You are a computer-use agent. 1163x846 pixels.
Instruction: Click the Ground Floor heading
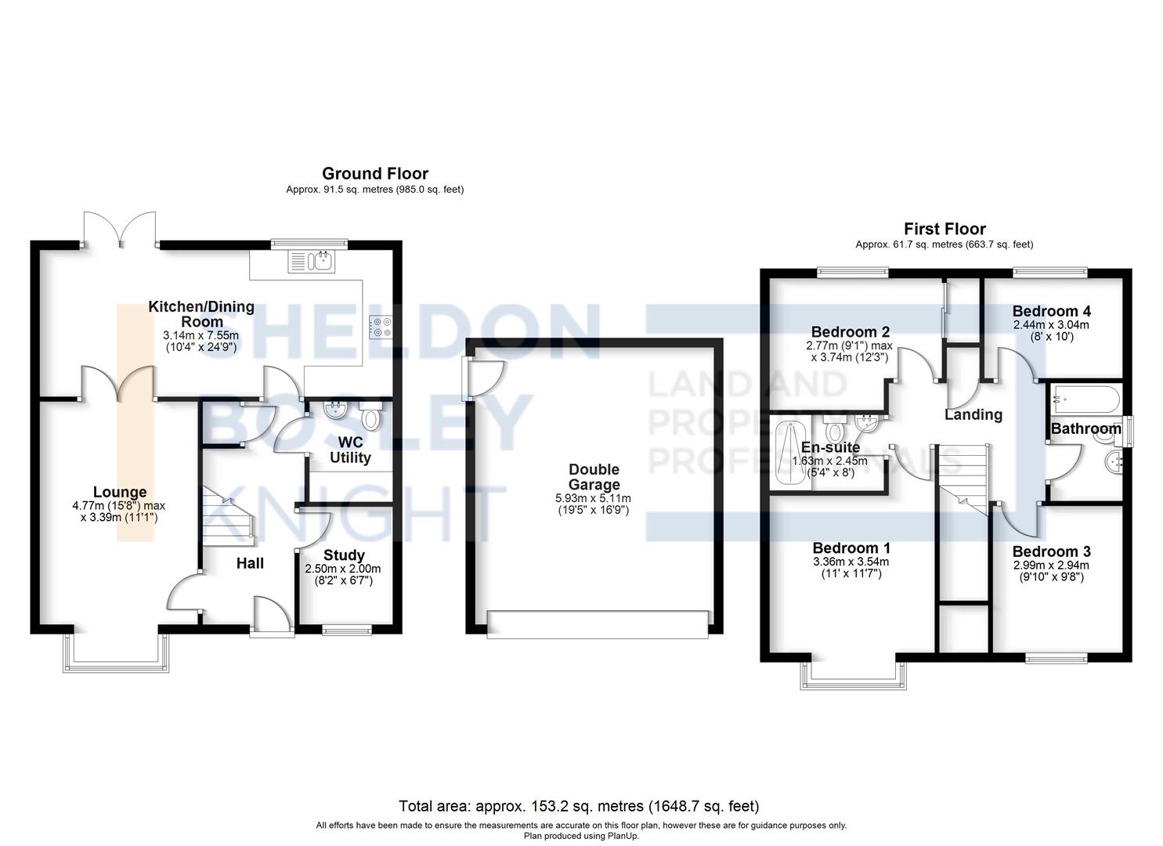pyautogui.click(x=375, y=173)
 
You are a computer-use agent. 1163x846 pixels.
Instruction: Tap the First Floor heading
pyautogui.click(x=944, y=229)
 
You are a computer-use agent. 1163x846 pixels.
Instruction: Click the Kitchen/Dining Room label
pyautogui.click(x=201, y=314)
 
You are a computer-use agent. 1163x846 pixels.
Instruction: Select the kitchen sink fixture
pyautogui.click(x=312, y=261)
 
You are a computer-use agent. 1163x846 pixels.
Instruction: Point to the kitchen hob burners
pyautogui.click(x=381, y=327)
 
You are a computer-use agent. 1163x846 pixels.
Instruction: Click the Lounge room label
pyautogui.click(x=120, y=491)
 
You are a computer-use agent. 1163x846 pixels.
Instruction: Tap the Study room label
pyautogui.click(x=344, y=555)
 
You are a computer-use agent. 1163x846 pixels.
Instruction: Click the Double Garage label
pyautogui.click(x=594, y=477)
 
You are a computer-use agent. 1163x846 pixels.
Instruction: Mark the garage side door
pyautogui.click(x=485, y=378)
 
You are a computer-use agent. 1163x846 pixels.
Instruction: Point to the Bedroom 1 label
pyautogui.click(x=851, y=548)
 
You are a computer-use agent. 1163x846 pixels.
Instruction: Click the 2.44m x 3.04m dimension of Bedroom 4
pyautogui.click(x=1051, y=325)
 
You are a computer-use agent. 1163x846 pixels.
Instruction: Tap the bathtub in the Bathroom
pyautogui.click(x=1085, y=399)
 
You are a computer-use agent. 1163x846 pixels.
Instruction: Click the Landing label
pyautogui.click(x=973, y=414)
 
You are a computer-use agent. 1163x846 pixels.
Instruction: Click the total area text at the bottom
pyautogui.click(x=579, y=806)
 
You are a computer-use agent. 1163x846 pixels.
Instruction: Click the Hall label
pyautogui.click(x=250, y=563)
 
